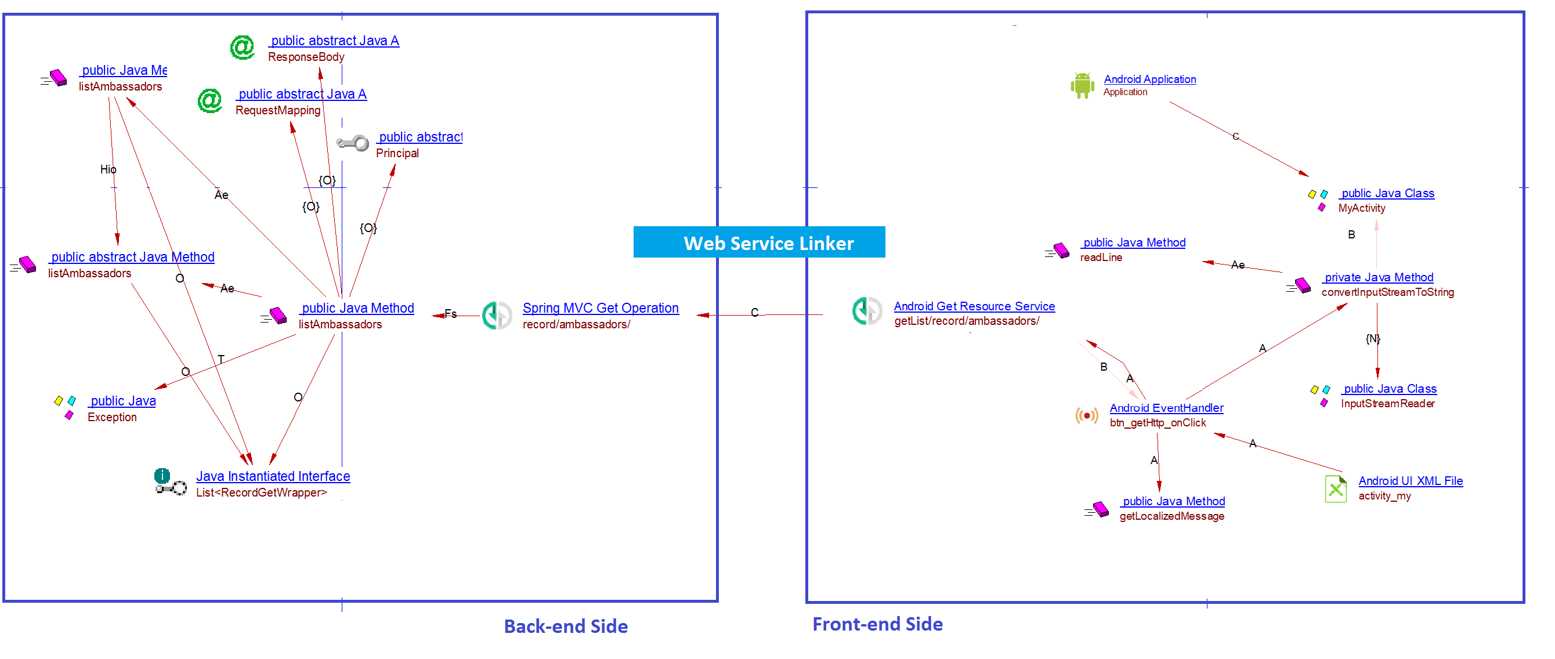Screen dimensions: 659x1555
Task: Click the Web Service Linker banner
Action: (x=759, y=242)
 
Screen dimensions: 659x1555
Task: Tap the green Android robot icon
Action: (x=1082, y=85)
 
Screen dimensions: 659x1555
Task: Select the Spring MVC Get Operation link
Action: (x=600, y=308)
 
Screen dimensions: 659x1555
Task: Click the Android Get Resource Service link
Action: (x=974, y=306)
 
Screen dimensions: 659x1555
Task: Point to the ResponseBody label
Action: (x=306, y=57)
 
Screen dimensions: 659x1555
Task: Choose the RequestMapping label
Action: (x=278, y=110)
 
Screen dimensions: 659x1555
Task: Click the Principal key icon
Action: (x=353, y=143)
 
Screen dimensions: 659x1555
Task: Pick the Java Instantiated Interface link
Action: (x=273, y=476)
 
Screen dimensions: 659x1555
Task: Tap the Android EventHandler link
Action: (x=1166, y=408)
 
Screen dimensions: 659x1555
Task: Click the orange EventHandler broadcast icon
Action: (x=1087, y=415)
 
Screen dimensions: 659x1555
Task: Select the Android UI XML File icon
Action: (x=1335, y=488)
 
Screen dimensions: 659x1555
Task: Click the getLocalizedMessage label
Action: (x=1171, y=516)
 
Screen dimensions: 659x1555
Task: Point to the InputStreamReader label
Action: (x=1387, y=403)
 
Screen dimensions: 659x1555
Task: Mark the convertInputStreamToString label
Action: (x=1387, y=292)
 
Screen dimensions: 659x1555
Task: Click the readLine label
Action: (x=1101, y=257)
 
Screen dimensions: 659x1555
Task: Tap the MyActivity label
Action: (x=1361, y=208)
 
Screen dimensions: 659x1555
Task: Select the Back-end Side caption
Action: (x=566, y=627)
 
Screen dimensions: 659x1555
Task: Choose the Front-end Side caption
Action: (x=877, y=624)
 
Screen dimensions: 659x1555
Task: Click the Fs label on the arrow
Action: (x=450, y=313)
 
